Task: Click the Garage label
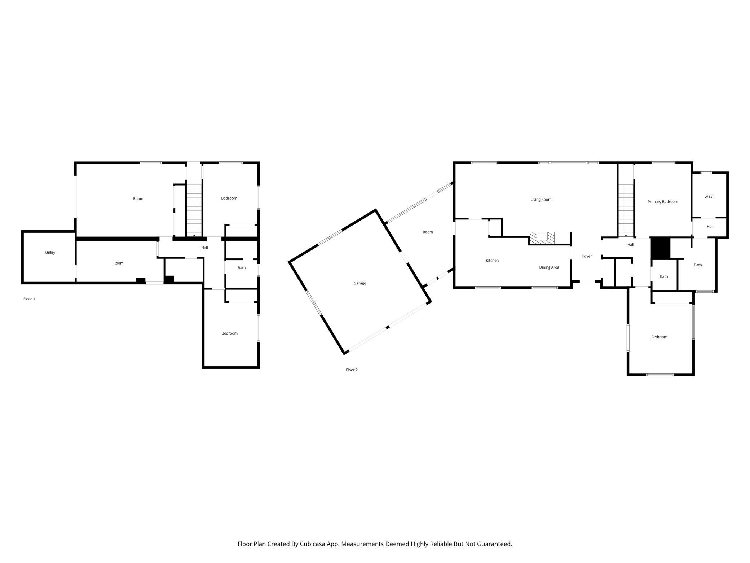click(359, 283)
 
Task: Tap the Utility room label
click(50, 253)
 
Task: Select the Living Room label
click(541, 200)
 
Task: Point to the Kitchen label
click(492, 261)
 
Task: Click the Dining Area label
click(549, 267)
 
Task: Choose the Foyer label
click(587, 256)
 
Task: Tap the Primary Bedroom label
click(663, 202)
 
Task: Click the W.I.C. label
click(709, 197)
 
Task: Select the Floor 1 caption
click(29, 299)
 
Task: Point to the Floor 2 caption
click(352, 370)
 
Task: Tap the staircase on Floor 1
click(194, 210)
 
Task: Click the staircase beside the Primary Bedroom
click(626, 210)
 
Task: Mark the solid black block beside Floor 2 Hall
click(660, 248)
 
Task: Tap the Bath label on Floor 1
click(242, 268)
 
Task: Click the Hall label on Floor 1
click(204, 248)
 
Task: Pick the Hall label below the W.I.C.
click(710, 227)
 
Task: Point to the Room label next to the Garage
click(428, 232)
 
